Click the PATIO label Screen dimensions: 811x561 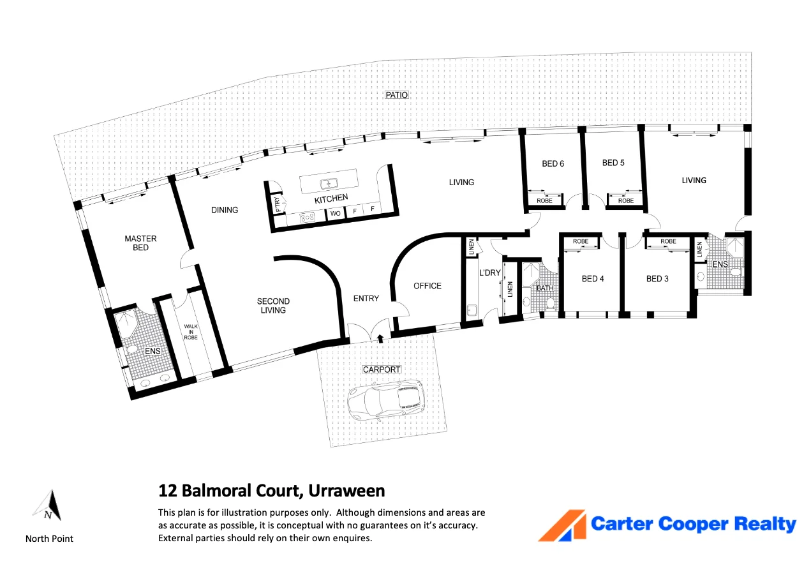point(396,95)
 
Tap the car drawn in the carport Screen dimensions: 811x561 point(385,400)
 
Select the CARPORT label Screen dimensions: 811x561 point(382,370)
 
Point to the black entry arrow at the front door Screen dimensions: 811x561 point(380,339)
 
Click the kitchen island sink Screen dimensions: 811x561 point(329,184)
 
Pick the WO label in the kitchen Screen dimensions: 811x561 point(335,213)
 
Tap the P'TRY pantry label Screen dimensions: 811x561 point(278,204)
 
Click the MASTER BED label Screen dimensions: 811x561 point(140,243)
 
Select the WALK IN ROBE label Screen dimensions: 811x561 point(191,332)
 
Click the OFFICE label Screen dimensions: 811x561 point(428,286)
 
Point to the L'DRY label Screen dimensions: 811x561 point(489,273)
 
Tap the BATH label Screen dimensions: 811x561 point(545,288)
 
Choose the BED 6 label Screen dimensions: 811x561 point(553,163)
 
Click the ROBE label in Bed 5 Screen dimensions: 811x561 point(626,200)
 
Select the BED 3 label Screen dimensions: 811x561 point(657,278)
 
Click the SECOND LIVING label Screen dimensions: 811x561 point(273,306)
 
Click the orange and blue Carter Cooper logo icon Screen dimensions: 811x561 point(562,525)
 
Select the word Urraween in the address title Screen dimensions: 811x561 point(346,491)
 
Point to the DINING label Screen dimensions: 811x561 point(225,210)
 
